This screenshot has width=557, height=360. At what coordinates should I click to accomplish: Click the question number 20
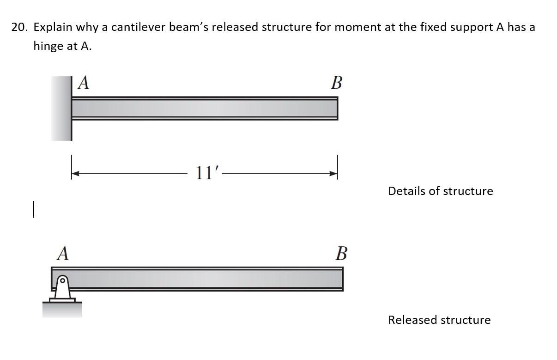19,27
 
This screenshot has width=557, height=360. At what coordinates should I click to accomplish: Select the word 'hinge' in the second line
49,46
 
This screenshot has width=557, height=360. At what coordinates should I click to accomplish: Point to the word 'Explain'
53,27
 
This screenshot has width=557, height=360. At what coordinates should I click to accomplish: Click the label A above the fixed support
84,83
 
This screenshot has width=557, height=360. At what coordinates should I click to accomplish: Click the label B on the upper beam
337,83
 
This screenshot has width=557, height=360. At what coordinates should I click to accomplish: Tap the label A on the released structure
63,253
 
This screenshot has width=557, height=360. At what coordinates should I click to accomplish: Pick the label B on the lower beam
341,254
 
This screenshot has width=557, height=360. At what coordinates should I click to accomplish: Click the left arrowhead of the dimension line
76,174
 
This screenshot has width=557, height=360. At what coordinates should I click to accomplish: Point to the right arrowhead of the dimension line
333,174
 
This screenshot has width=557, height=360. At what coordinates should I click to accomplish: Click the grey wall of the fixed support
61,109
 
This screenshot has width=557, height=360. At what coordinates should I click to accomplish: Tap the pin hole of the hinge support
63,280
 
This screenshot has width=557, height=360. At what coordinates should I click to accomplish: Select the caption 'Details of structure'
440,191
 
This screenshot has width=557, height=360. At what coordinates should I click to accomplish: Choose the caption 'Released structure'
439,320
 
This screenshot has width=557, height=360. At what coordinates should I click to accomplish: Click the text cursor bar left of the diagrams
34,208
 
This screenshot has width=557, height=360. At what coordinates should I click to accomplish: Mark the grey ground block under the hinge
62,310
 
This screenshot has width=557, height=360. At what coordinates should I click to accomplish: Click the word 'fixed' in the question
432,27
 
